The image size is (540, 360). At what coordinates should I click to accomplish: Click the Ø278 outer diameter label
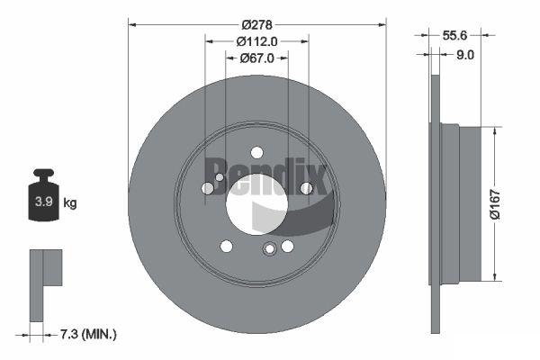(256, 25)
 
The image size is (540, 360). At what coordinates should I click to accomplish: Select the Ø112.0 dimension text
(256, 41)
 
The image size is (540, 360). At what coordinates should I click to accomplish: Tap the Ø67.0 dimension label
(256, 58)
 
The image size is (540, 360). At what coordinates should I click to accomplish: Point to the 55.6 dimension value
(454, 35)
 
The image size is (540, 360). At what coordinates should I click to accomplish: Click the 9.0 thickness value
(465, 55)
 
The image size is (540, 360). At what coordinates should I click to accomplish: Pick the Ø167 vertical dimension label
(495, 204)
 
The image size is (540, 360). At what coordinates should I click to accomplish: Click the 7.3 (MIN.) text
(88, 334)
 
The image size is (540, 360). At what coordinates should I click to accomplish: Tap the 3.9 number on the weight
(44, 202)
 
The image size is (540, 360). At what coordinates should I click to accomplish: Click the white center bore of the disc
(256, 204)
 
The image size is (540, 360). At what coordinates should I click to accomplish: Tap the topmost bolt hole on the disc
(256, 152)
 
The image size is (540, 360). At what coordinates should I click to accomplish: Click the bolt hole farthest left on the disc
(207, 188)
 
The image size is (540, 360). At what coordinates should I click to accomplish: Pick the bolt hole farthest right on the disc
(307, 188)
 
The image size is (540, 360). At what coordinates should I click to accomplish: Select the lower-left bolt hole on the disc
(226, 246)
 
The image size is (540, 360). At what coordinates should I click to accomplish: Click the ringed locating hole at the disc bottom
(270, 248)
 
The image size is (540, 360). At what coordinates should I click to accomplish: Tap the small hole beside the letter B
(220, 177)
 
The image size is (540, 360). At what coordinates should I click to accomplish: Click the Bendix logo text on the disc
(266, 176)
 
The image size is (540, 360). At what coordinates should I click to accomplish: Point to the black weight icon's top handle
(43, 173)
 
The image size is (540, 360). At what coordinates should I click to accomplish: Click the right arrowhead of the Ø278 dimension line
(382, 25)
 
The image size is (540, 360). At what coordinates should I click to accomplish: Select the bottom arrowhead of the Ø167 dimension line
(495, 276)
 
